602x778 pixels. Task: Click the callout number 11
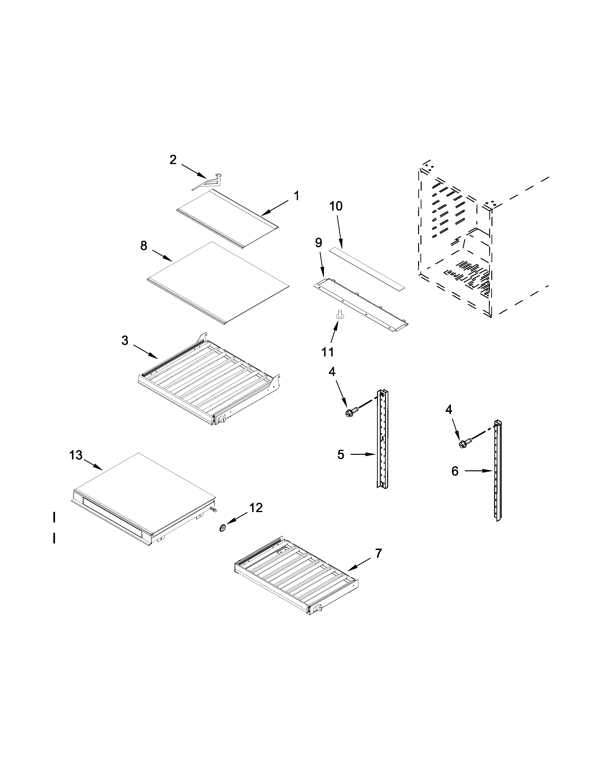click(x=327, y=352)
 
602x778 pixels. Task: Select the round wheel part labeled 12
click(x=223, y=528)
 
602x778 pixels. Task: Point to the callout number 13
click(x=76, y=455)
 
